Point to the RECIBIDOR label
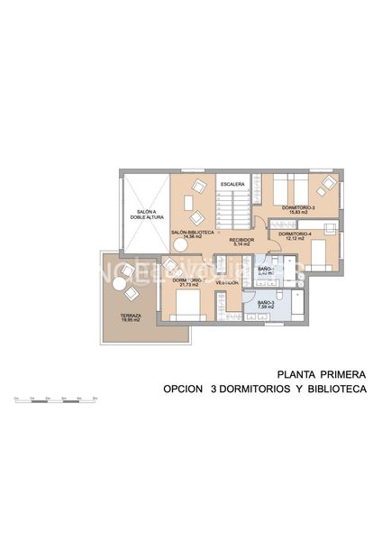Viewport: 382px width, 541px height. pos(241,240)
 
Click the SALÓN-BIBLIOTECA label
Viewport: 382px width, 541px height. pos(192,232)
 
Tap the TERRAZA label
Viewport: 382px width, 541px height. pos(131,315)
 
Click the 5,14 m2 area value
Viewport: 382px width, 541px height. pos(241,245)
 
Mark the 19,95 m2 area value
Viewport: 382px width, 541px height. pos(131,320)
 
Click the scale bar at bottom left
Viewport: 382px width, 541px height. pos(54,399)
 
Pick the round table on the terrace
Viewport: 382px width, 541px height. pos(119,284)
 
